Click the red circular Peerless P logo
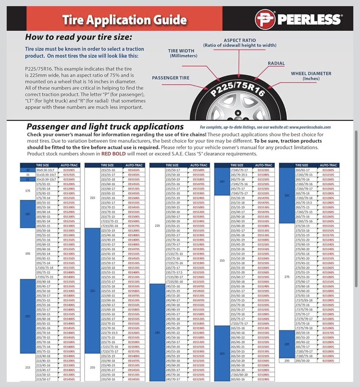[265, 19]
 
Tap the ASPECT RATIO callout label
[239, 42]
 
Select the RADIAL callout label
[276, 63]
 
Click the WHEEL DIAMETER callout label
[311, 76]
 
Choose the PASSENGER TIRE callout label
[171, 78]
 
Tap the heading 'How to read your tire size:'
[78, 37]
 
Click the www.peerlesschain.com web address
[310, 127]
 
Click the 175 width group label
[27, 191]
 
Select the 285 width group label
[287, 344]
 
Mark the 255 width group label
[222, 261]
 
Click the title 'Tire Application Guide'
[124, 19]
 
